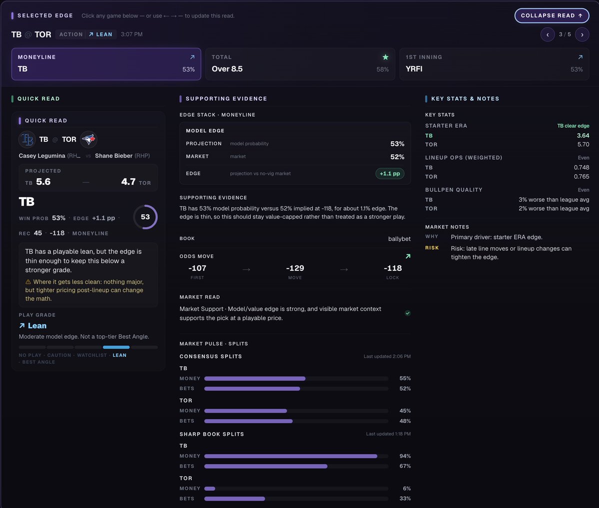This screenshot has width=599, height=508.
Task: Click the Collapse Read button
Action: pos(552,15)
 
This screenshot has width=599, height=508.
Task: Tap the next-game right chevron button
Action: pos(582,34)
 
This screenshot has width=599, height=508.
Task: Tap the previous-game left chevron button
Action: pos(548,34)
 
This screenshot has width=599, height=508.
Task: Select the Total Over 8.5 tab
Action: pos(300,64)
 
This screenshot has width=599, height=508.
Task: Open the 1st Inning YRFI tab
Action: pos(494,64)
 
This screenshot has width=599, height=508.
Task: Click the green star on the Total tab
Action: pos(386,57)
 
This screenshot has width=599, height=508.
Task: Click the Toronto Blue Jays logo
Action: pos(88,139)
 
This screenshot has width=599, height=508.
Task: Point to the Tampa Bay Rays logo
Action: pos(27,139)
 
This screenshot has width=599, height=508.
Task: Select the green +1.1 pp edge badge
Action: pos(390,173)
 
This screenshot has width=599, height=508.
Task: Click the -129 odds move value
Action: pos(295,268)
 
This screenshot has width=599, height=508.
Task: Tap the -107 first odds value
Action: pos(197,268)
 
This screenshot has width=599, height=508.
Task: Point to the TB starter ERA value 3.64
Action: pos(583,136)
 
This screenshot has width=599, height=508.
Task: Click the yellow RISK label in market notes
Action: pos(432,248)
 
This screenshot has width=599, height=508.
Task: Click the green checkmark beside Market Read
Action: pos(408,313)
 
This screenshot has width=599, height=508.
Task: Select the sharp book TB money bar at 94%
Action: pos(291,456)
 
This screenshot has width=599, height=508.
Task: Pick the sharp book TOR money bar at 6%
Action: pos(210,489)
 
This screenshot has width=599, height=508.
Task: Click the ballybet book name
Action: pos(399,239)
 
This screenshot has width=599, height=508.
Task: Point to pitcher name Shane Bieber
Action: pos(114,156)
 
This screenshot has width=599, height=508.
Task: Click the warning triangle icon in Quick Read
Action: pos(28,282)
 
